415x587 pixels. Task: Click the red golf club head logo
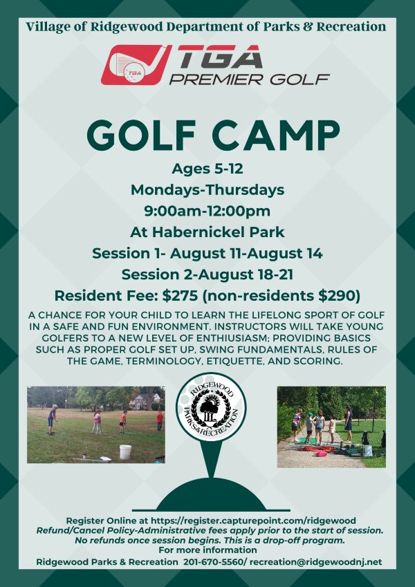coord(136,65)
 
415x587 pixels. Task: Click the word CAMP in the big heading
coord(278,136)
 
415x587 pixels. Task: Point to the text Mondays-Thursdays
coord(207,190)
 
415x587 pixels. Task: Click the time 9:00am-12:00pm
coord(207,211)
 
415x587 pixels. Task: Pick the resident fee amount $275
coord(180,296)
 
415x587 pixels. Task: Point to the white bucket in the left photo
coord(125,452)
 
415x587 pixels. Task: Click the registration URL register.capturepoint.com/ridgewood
coord(253,521)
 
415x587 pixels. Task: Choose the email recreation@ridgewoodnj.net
coord(315,562)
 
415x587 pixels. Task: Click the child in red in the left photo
coord(160,420)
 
